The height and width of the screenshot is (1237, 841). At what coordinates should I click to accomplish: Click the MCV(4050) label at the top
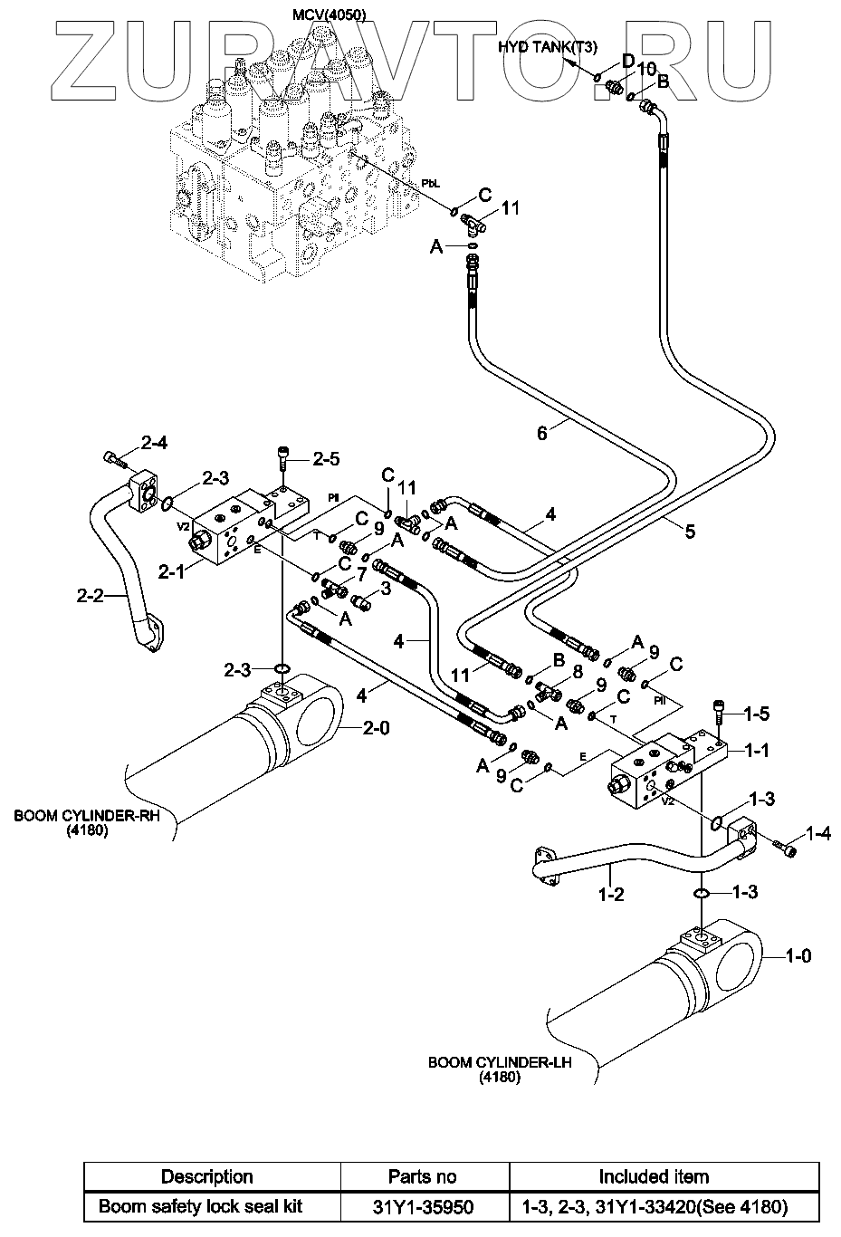(x=329, y=14)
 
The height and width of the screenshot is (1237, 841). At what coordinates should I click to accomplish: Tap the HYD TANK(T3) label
(x=547, y=47)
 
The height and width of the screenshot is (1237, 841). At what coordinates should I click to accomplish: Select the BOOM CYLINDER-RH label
(x=87, y=815)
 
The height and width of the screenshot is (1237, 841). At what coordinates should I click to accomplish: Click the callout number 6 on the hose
(x=542, y=434)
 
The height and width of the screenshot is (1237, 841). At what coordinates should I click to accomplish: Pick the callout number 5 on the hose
(x=690, y=532)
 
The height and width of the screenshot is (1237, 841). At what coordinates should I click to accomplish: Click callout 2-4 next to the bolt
(x=154, y=442)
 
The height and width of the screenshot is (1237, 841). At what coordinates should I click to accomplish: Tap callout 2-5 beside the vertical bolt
(x=326, y=459)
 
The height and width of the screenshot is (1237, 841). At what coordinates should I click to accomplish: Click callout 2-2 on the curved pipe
(x=90, y=596)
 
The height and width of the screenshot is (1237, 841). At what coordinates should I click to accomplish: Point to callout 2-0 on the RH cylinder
(x=376, y=728)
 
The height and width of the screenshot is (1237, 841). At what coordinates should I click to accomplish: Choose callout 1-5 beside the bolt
(x=757, y=714)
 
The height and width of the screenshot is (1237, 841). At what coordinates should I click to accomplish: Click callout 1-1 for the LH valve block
(x=757, y=751)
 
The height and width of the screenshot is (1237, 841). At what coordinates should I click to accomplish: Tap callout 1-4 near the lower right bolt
(x=817, y=833)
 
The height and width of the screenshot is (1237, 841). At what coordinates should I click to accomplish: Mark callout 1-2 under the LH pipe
(x=611, y=894)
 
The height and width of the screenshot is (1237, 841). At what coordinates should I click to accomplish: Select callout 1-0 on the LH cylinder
(x=798, y=956)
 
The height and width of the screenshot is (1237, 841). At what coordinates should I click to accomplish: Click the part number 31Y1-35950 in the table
(x=423, y=1208)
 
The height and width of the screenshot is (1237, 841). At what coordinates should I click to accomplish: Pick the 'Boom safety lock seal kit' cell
(x=200, y=1206)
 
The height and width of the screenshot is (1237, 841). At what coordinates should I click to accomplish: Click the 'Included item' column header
(x=655, y=1177)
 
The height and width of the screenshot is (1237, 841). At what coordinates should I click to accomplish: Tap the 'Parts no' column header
(x=423, y=1177)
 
